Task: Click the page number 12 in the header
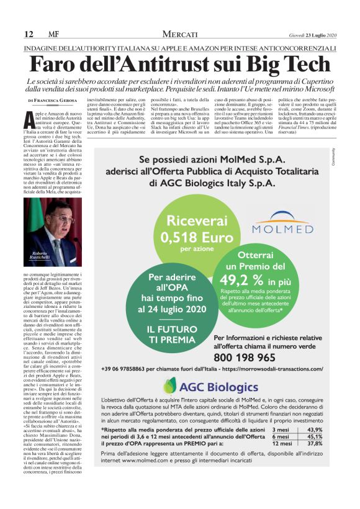(29, 34)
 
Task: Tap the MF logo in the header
(53, 34)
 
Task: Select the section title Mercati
(180, 34)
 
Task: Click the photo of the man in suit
(53, 223)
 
